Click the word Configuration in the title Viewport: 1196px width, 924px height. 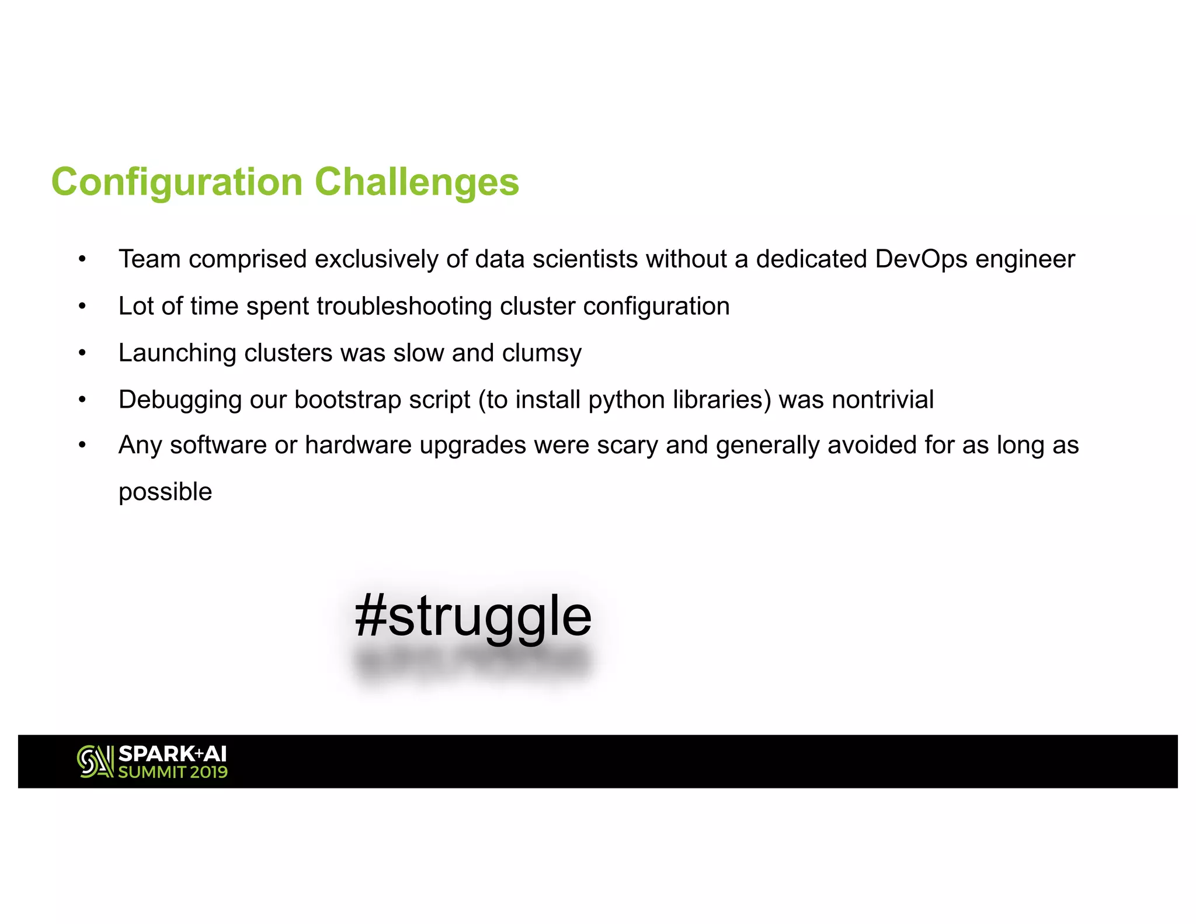tap(177, 183)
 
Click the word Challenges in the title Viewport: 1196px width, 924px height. tap(416, 182)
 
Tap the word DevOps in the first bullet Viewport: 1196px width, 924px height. tap(921, 259)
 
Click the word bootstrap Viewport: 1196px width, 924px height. tap(347, 400)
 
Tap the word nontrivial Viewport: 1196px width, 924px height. tap(882, 400)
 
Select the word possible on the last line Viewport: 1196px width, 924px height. tap(165, 492)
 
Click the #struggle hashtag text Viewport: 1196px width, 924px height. tap(472, 617)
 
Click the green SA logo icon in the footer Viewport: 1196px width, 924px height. tap(95, 762)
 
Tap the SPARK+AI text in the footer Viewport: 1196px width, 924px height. tap(172, 753)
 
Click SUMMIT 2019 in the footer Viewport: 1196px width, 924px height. tap(173, 772)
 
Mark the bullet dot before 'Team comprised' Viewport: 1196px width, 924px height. tap(82, 259)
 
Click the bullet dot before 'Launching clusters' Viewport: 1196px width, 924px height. tap(82, 353)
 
